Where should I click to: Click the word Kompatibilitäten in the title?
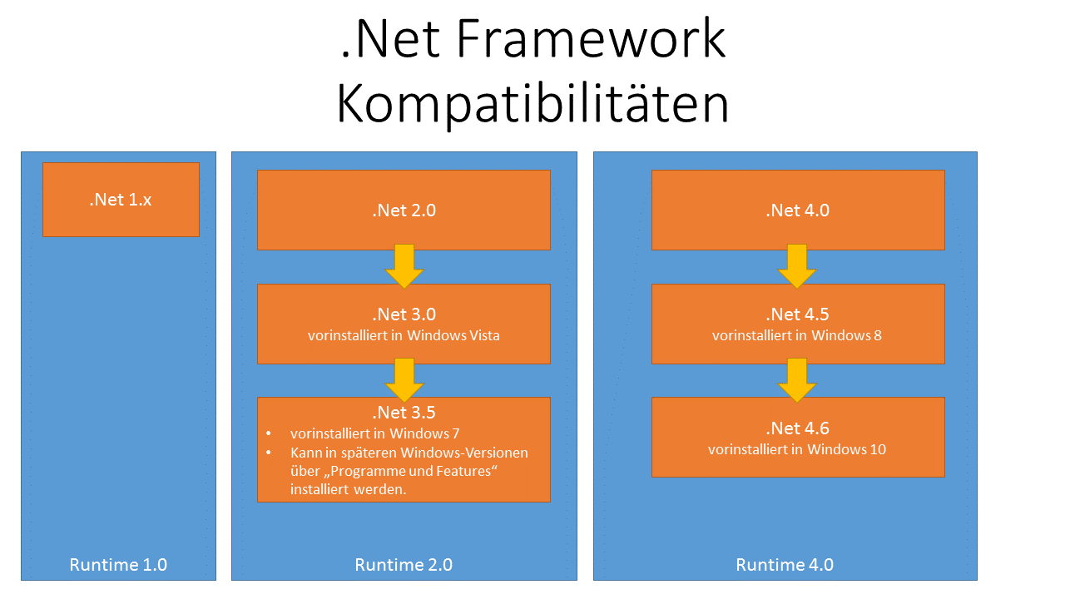coord(532,104)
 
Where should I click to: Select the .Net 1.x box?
coord(121,200)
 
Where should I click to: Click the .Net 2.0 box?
coord(404,210)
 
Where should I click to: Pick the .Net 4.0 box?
coord(798,210)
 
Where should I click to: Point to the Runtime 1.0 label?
coord(118,565)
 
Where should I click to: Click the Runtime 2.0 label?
coord(404,565)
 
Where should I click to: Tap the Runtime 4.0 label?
coord(785,565)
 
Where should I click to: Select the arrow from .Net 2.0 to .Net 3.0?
coord(404,266)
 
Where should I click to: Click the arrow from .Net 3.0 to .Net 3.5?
coord(404,379)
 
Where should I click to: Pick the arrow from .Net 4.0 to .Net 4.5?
coord(797,266)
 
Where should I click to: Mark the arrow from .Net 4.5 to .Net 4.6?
coord(797,379)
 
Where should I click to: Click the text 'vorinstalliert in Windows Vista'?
coord(404,335)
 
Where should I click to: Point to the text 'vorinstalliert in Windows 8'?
coord(797,335)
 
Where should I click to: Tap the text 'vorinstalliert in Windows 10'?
coord(797,449)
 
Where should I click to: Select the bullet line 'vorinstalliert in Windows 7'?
coord(374,433)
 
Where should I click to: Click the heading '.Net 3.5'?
coord(404,413)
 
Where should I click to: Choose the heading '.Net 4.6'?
coord(797,428)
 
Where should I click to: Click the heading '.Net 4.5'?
coord(797,314)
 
